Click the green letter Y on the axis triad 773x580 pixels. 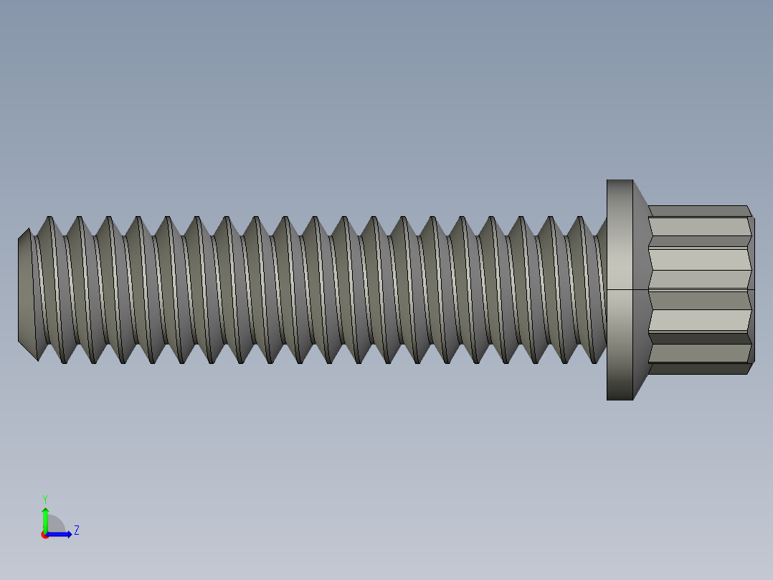coord(44,498)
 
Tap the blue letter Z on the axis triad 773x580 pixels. coord(76,530)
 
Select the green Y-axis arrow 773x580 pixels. coord(44,518)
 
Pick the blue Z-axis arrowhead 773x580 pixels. coord(67,534)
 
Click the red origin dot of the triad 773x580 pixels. coord(44,535)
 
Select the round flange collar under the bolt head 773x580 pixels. coord(620,289)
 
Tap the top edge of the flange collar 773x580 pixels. coord(620,180)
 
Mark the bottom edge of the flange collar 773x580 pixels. coord(620,399)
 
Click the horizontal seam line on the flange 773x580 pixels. coord(620,289)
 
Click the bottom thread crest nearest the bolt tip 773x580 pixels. coord(64,362)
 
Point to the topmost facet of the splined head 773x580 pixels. coord(699,211)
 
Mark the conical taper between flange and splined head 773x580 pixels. coord(641,289)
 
